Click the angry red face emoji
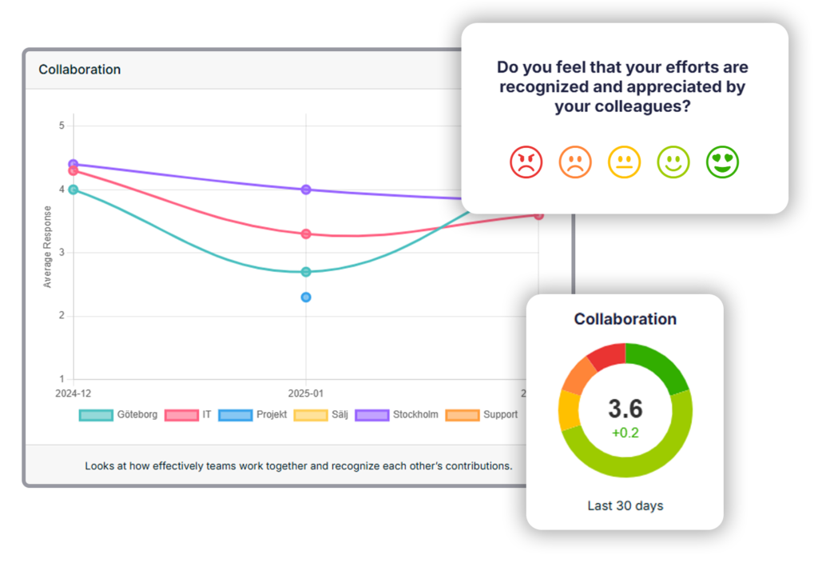click(526, 162)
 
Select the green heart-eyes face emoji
click(722, 162)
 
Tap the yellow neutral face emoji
click(624, 162)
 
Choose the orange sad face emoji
click(575, 162)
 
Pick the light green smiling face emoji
click(673, 162)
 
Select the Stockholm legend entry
click(397, 415)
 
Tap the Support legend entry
click(482, 415)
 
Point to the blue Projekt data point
click(306, 297)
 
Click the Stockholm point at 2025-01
click(306, 190)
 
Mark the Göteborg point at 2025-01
click(306, 272)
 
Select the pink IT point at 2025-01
click(306, 234)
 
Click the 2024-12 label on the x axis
click(73, 393)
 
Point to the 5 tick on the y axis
click(62, 126)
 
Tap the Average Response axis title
click(47, 247)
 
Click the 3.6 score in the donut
click(625, 409)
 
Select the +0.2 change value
click(625, 433)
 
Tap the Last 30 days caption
click(625, 505)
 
